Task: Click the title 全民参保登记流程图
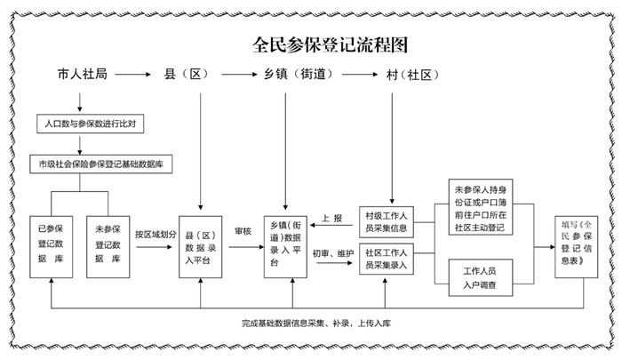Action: [330, 44]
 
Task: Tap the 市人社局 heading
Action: [82, 75]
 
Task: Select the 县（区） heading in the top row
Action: [186, 75]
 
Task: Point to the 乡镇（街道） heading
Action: [299, 75]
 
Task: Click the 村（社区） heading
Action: [412, 75]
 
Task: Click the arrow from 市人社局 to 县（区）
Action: [133, 75]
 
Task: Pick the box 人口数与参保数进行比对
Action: [90, 124]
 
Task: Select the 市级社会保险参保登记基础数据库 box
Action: [100, 164]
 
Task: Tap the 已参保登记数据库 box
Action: [52, 247]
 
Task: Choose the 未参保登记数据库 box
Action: [108, 247]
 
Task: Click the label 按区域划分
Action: [155, 234]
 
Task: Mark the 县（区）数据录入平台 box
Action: [200, 247]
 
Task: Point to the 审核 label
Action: [243, 231]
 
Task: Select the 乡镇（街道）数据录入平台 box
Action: [285, 247]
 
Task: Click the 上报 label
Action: [331, 219]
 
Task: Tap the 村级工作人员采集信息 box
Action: [387, 222]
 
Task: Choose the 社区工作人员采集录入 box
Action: [387, 259]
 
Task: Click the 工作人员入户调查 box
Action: [481, 278]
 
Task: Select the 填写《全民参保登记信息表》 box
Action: [577, 247]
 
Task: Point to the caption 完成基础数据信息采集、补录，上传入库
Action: [316, 324]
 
